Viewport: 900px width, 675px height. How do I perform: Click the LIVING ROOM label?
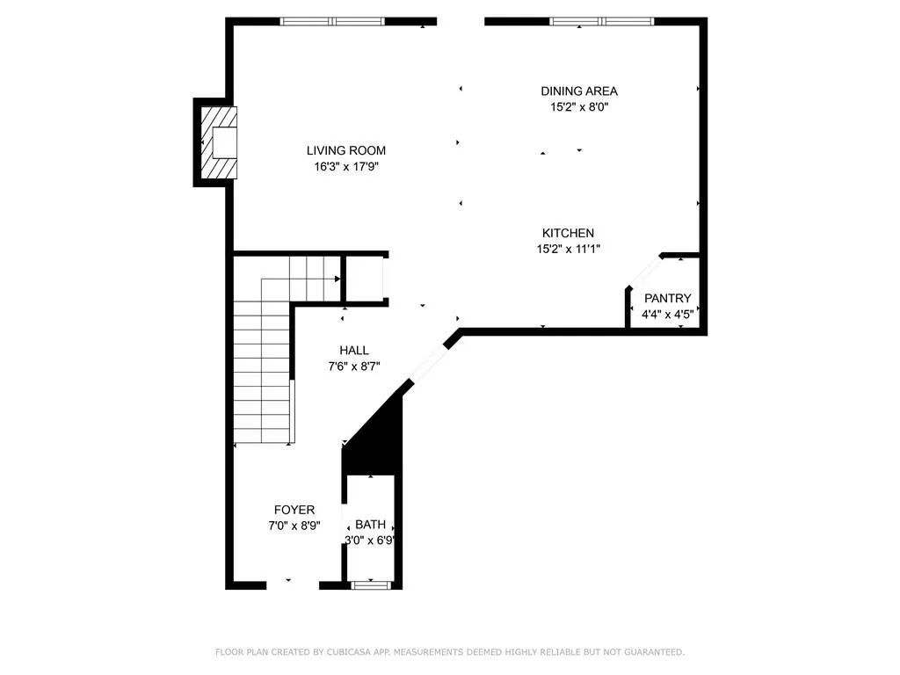point(346,150)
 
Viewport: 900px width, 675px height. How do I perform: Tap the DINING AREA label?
point(579,91)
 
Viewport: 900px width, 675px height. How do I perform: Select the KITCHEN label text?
point(569,233)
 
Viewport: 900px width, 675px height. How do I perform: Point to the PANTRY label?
point(668,299)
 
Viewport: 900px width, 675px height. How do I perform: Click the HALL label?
point(354,350)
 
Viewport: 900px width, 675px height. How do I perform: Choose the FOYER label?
point(294,510)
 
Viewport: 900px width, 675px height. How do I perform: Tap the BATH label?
point(370,525)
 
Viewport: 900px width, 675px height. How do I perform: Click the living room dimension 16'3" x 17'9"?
point(346,167)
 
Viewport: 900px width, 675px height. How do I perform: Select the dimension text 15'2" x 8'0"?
point(579,106)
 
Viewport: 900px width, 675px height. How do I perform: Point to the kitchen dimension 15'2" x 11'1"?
point(569,249)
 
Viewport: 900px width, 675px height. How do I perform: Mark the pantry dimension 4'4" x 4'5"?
point(668,315)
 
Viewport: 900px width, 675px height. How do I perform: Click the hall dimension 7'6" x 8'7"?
point(354,367)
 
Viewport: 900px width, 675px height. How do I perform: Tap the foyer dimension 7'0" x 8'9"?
point(294,526)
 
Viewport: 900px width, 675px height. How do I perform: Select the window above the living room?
point(332,22)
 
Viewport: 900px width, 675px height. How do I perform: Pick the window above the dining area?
point(601,22)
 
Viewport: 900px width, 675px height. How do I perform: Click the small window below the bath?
point(371,585)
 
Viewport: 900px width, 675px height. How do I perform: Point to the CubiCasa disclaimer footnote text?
point(450,652)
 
